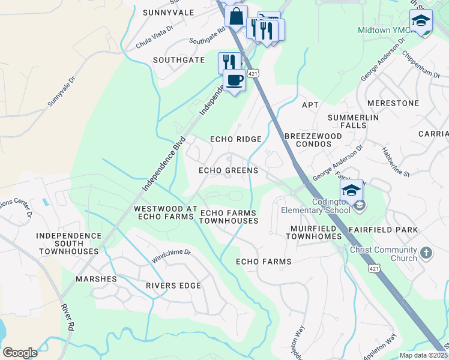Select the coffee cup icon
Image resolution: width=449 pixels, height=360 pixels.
[234, 79]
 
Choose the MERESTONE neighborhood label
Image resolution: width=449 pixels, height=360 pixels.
[393, 103]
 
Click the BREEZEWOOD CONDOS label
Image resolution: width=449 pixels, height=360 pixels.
[313, 140]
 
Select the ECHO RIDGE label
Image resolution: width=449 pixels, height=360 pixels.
[235, 139]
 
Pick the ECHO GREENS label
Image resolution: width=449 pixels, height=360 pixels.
[228, 170]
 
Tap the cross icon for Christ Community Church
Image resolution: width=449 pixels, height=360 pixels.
[426, 253]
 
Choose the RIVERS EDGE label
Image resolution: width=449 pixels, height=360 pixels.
[173, 286]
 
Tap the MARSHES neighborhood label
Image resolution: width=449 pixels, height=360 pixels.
[96, 280]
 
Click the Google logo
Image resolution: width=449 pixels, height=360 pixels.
[20, 353]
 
